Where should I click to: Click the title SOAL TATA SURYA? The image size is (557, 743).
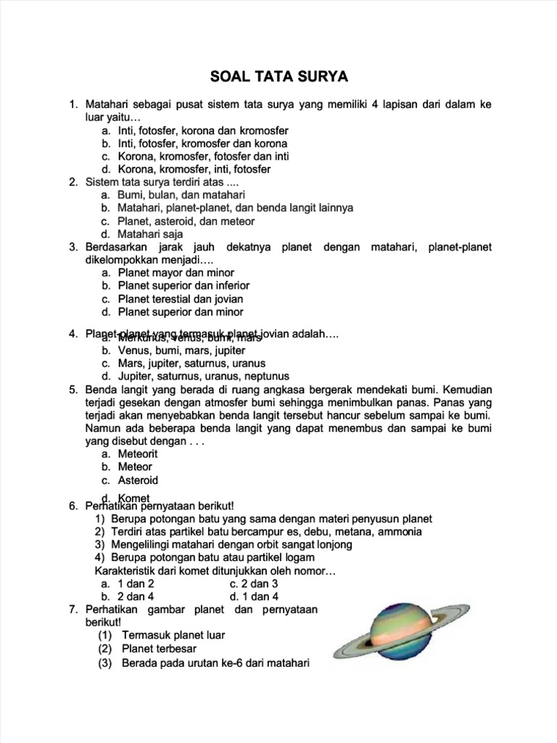click(279, 76)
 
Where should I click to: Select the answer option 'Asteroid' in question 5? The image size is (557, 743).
click(138, 480)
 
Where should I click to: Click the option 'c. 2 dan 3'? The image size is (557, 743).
click(254, 583)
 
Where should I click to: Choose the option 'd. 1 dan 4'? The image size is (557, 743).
click(254, 596)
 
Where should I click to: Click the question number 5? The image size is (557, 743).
click(73, 389)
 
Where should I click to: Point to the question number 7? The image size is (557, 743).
click(73, 609)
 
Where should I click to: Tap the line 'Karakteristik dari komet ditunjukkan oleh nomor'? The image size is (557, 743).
click(210, 570)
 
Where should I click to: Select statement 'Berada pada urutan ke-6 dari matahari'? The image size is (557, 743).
click(205, 662)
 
